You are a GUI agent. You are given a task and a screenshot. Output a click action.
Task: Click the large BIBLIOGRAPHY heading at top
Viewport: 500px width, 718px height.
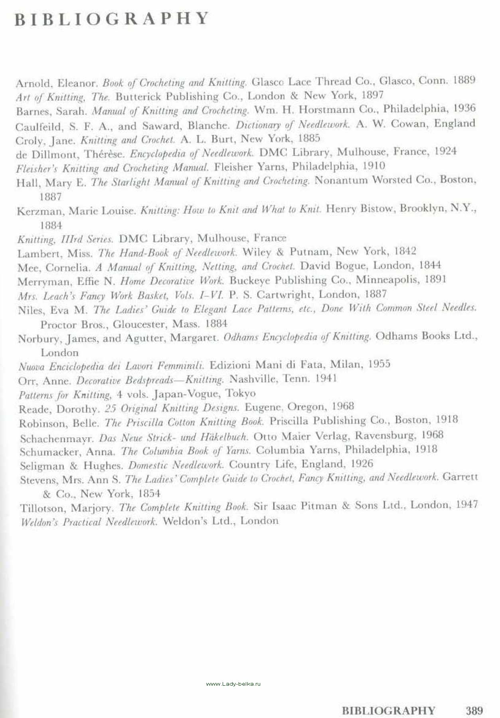(112, 19)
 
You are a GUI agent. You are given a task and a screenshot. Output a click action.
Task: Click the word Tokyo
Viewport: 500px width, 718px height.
(241, 393)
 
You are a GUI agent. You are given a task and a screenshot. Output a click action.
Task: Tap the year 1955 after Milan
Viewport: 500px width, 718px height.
(379, 364)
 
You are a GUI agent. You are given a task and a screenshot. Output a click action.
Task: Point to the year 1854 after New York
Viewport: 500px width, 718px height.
(149, 494)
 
